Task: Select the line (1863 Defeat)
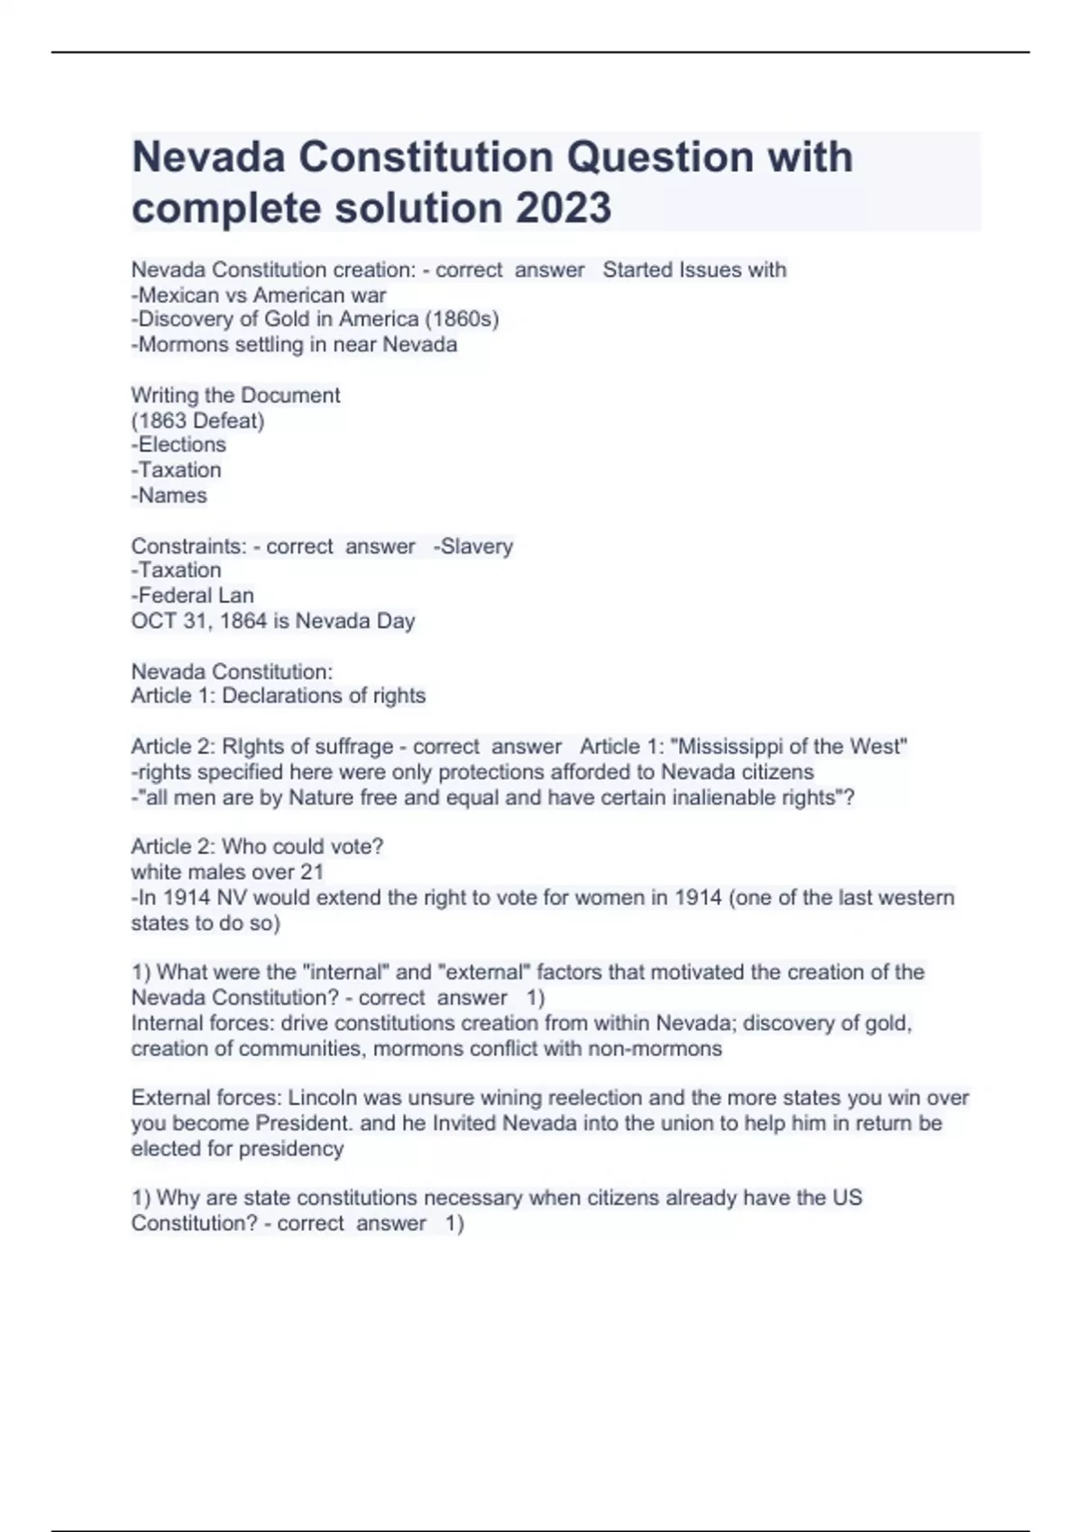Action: coord(197,420)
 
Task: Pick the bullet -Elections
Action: coord(179,444)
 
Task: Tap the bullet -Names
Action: coord(169,495)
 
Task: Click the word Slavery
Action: coord(476,546)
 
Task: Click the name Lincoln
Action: coord(323,1098)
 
